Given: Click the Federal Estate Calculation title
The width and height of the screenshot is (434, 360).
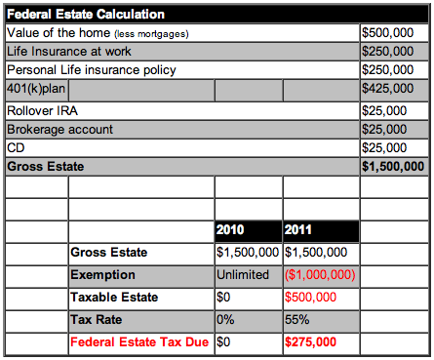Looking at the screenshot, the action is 86,15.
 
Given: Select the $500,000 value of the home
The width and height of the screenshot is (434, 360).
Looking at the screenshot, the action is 388,33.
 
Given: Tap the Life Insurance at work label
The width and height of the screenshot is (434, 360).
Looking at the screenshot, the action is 69,52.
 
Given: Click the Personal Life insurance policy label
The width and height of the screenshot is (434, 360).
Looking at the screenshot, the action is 92,70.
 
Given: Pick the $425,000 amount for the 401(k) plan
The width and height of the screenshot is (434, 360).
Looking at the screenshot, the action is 388,89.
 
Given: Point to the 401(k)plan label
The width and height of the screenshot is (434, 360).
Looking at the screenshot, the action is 36,89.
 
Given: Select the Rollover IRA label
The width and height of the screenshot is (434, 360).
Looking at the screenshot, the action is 42,111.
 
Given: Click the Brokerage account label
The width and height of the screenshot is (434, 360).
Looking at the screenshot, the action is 59,130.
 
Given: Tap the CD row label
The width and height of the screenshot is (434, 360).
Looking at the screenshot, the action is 16,148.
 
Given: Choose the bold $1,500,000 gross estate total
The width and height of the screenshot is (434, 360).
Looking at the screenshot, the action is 393,167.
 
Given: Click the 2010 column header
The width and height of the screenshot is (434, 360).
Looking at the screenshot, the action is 230,230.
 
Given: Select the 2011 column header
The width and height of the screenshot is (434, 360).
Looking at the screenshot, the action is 298,230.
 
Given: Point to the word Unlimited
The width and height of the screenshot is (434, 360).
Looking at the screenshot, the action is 243,275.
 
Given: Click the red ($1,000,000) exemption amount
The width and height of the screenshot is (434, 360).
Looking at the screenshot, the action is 320,275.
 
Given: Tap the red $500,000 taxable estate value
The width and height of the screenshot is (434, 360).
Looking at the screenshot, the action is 310,298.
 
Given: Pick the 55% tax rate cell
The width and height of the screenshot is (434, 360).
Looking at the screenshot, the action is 297,320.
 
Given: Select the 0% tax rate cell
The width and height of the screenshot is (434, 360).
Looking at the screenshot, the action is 225,320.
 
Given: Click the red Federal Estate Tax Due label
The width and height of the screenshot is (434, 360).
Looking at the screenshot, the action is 139,342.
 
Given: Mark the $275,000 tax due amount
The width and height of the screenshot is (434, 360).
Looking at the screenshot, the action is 310,342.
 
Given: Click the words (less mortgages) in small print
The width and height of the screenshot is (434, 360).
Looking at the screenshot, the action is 151,34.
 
